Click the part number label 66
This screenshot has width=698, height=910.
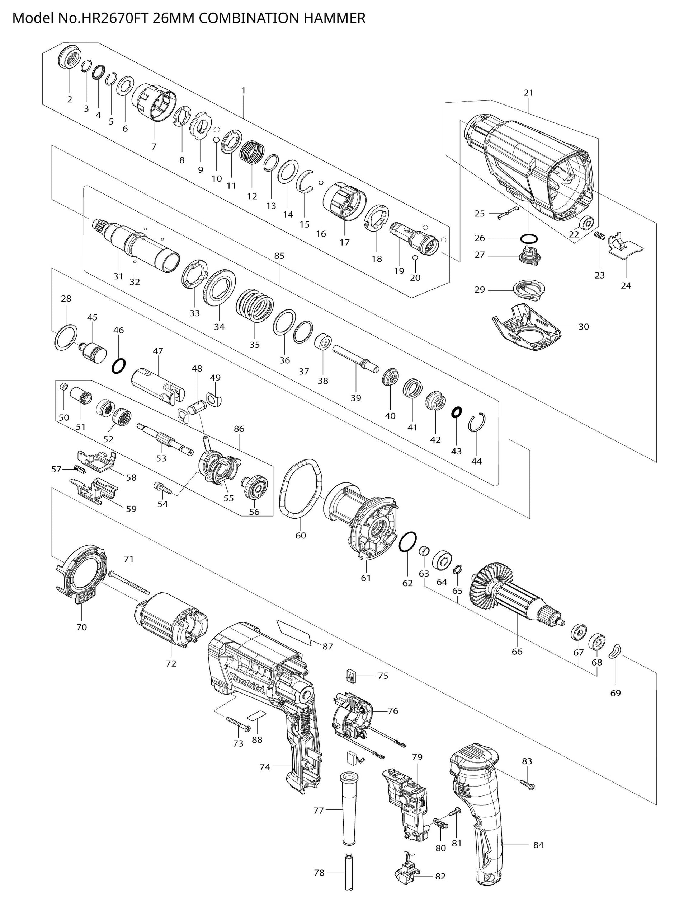tap(517, 652)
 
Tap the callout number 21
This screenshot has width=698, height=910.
tap(528, 93)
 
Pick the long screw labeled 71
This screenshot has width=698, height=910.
tap(129, 582)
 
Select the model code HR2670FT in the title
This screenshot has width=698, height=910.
tap(113, 18)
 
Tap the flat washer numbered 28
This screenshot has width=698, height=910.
tap(66, 337)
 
